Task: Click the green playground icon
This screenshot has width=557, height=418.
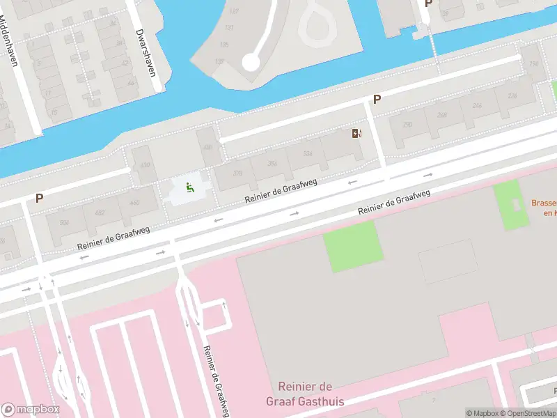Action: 189,187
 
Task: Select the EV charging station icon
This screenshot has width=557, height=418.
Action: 357,134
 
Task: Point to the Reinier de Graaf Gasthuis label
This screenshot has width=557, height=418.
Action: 304,394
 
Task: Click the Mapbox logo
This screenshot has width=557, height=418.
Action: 31,410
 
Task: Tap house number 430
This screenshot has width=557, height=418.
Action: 145,165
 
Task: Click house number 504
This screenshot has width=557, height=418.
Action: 64,222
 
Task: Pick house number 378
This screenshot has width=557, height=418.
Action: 237,173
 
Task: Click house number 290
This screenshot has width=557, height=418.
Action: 407,124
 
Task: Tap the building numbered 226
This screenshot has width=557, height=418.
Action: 512,96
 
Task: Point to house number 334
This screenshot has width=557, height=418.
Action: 308,155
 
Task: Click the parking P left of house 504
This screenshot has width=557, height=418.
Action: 40,199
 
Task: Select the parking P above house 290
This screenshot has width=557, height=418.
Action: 377,100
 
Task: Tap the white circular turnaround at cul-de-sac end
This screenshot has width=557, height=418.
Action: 251,63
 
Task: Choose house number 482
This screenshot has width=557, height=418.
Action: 100,212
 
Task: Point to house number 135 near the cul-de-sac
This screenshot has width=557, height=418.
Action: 223,45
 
